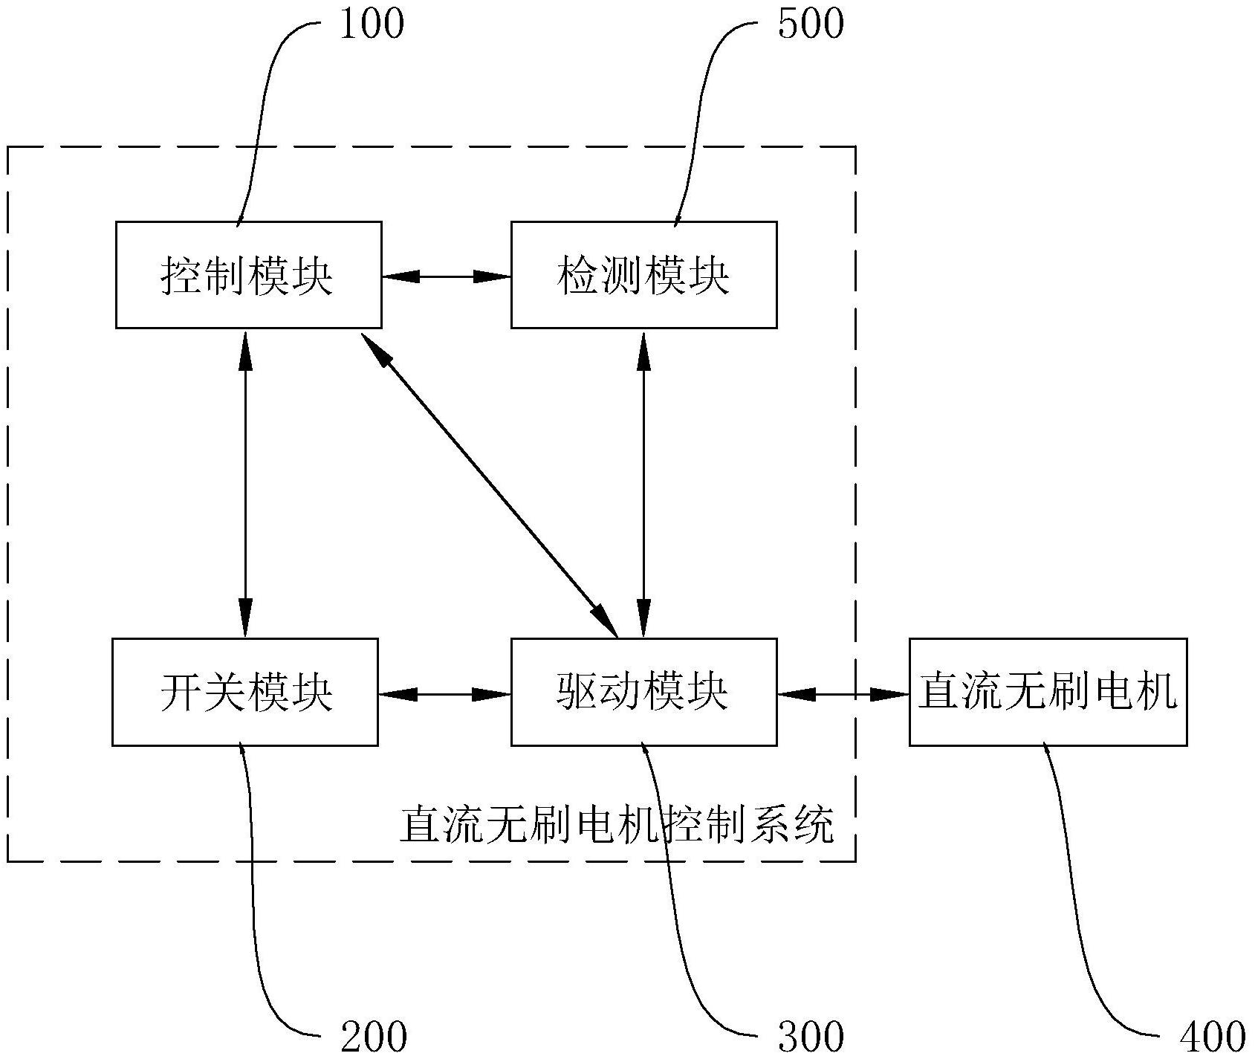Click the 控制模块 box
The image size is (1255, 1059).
(x=248, y=275)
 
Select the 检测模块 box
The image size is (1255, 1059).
(x=643, y=275)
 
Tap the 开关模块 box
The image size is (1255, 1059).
(x=245, y=692)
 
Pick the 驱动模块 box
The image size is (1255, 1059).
(x=643, y=692)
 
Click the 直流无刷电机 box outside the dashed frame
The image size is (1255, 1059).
(x=1048, y=692)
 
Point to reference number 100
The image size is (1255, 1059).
(x=371, y=24)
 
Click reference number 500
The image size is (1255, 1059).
(x=810, y=24)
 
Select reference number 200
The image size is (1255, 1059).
(x=374, y=1035)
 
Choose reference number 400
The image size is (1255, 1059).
(x=1213, y=1035)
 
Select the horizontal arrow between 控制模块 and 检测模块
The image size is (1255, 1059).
(x=446, y=276)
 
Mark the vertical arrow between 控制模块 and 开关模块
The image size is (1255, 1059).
(x=245, y=483)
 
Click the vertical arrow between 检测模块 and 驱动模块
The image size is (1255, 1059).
(x=643, y=483)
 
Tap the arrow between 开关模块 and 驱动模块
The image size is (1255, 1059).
(x=444, y=694)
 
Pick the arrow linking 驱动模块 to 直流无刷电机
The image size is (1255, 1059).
(x=843, y=694)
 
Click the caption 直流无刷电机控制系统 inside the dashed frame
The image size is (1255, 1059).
(x=617, y=825)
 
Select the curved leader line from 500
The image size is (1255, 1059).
(x=698, y=111)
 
